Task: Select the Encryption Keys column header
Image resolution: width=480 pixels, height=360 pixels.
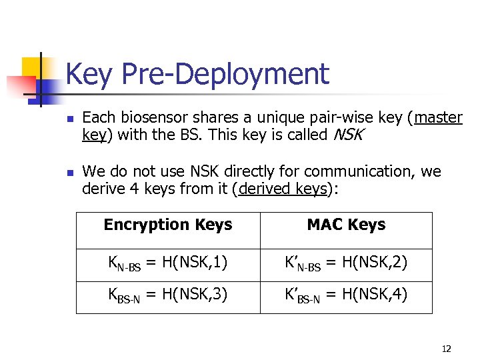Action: pos(168,225)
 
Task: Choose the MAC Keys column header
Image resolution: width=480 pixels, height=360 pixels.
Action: pos(346,225)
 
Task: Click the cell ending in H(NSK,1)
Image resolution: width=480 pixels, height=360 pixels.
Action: pos(168,265)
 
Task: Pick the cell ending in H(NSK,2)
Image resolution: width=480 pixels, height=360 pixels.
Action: pos(346,265)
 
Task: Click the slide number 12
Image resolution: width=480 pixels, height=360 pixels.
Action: pos(447,349)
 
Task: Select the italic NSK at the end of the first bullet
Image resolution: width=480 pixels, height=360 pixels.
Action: pos(347,135)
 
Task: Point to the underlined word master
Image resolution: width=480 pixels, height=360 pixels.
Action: pos(438,118)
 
